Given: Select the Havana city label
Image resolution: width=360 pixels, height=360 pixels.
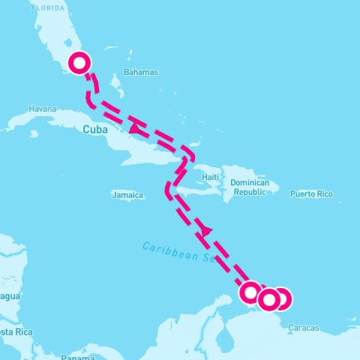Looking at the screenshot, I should (42, 109).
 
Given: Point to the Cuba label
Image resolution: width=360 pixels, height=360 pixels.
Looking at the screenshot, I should (94, 129).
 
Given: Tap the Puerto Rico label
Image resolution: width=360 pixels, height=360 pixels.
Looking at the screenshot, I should (312, 193).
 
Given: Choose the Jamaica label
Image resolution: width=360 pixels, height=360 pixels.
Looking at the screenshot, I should (127, 195).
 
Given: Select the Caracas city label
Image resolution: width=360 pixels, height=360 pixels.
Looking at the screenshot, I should (303, 328).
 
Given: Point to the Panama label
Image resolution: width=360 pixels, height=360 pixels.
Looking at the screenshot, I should (77, 357).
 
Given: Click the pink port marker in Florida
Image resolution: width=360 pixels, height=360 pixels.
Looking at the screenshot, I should (79, 63).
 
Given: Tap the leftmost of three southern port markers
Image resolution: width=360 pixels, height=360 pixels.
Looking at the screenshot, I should (251, 292).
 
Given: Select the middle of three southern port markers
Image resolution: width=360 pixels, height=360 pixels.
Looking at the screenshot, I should (268, 300).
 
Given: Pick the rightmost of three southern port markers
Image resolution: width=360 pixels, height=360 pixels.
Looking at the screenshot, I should (281, 299).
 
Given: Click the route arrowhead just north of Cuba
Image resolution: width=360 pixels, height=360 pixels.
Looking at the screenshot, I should (134, 129).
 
